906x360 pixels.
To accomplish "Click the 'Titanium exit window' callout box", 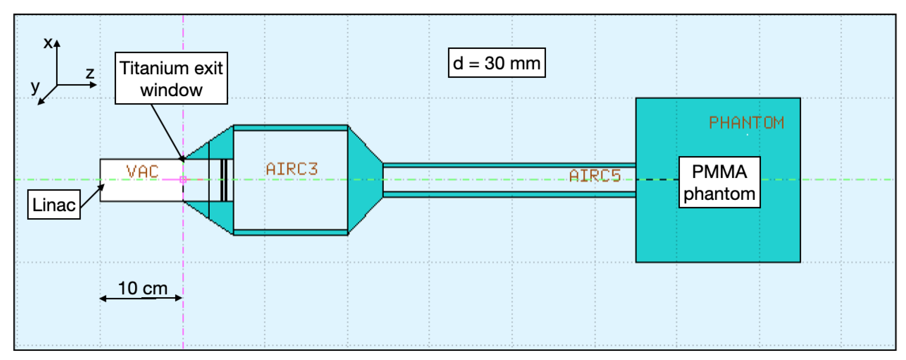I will [171, 78].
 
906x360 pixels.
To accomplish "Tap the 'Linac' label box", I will [54, 205].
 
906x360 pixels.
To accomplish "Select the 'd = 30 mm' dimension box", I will [497, 63].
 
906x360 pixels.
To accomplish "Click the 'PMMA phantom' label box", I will [719, 182].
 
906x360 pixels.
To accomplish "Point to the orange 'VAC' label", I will [142, 172].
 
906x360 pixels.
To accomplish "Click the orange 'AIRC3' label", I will [292, 169].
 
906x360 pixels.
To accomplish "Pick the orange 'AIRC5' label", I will [594, 175].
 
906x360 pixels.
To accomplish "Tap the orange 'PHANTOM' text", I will [746, 123].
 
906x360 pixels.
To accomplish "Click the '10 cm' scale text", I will [143, 288].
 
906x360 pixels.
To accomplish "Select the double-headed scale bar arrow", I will [141, 298].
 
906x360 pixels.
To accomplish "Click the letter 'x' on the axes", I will [48, 43].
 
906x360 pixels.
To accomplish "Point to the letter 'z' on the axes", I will [90, 73].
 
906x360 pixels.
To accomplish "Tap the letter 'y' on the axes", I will [35, 86].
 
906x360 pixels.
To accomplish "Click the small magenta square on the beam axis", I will [183, 180].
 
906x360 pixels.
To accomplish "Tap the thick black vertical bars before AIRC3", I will [224, 180].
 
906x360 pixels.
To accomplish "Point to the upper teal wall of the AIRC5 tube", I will [509, 165].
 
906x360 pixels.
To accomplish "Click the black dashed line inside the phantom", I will [657, 180].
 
